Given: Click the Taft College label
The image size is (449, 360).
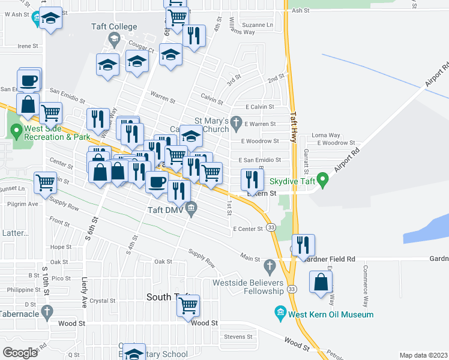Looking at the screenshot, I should click(x=115, y=27).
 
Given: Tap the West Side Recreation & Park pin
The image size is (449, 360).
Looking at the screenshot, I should click(x=16, y=130).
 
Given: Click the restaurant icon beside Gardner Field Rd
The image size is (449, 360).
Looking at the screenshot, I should click(x=303, y=244).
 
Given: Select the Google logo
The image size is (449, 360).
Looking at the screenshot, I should click(x=20, y=352).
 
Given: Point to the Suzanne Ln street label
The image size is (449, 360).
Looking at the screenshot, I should click(x=257, y=25).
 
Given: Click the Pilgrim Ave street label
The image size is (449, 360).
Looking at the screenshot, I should click(x=24, y=204).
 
